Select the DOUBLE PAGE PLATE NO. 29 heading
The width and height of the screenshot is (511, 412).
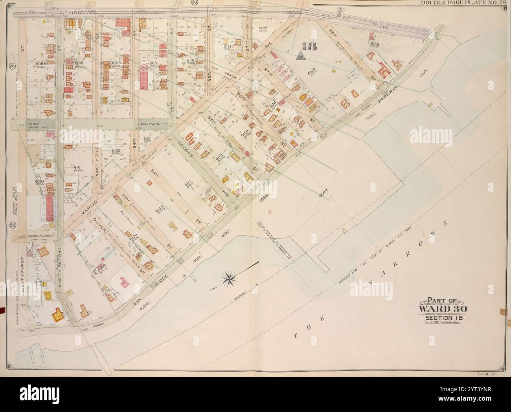click(464, 3)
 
